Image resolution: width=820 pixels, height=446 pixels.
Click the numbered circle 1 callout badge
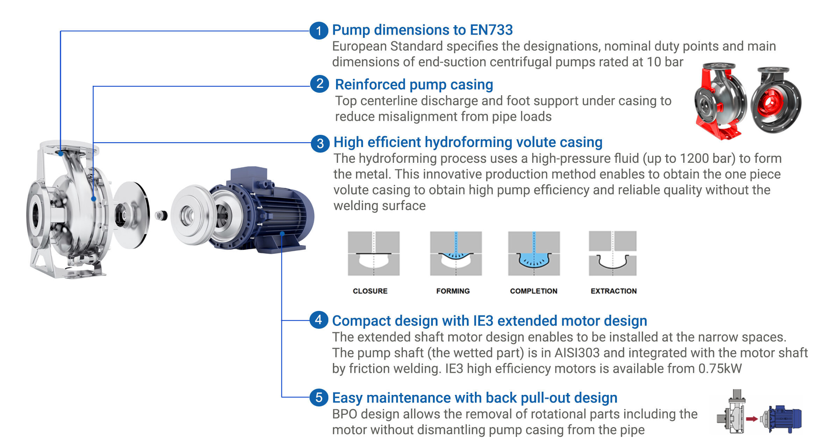pyautogui.click(x=319, y=30)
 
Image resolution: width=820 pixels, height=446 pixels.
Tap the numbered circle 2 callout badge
pyautogui.click(x=320, y=84)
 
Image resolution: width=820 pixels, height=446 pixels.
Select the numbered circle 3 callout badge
pyautogui.click(x=320, y=144)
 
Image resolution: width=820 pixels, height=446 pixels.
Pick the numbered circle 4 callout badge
pyautogui.click(x=319, y=320)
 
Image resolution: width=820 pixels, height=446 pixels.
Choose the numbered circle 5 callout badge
pyautogui.click(x=319, y=397)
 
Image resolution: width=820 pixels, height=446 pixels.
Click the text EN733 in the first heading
pyautogui.click(x=491, y=30)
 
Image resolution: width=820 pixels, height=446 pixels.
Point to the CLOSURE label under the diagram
pyautogui.click(x=370, y=291)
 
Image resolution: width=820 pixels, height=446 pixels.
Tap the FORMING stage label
pyautogui.click(x=453, y=291)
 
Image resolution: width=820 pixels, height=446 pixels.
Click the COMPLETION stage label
pyautogui.click(x=534, y=291)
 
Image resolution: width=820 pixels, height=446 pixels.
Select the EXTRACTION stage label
pyautogui.click(x=614, y=291)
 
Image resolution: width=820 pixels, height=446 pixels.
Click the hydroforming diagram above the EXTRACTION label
pyautogui.click(x=613, y=253)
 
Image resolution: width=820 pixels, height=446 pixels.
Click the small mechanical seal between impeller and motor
pyautogui.click(x=161, y=215)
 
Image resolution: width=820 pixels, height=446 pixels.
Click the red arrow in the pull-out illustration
pyautogui.click(x=751, y=419)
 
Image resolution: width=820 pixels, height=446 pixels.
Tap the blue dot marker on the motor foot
pyautogui.click(x=282, y=234)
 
